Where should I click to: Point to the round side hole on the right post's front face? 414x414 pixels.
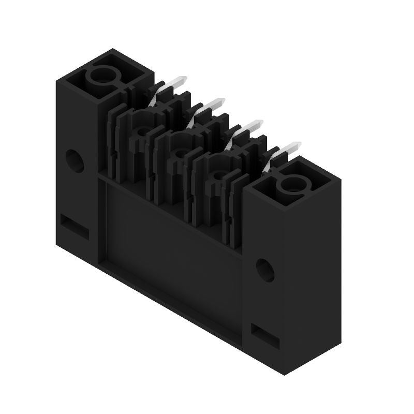[x=265, y=269]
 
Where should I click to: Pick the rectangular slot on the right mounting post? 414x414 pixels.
[x=264, y=336]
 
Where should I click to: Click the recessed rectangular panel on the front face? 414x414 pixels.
[x=171, y=243]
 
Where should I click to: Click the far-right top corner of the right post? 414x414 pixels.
[x=341, y=179]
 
